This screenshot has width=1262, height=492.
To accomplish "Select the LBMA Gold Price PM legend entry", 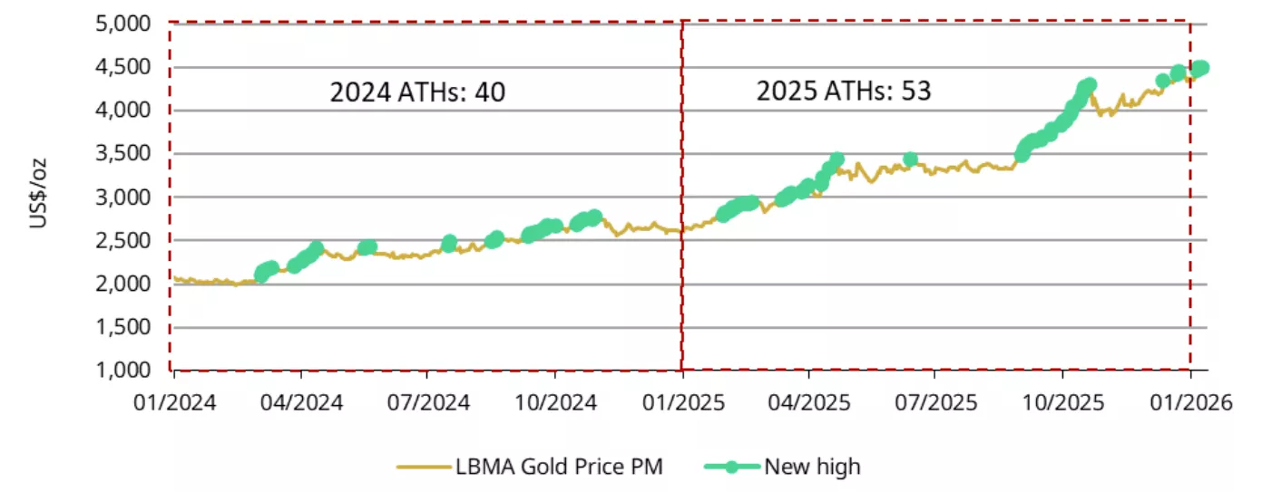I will pyautogui.click(x=559, y=467).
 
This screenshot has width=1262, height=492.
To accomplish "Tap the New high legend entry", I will pyautogui.click(x=812, y=467).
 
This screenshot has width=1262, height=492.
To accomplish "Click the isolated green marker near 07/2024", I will pyautogui.click(x=449, y=243).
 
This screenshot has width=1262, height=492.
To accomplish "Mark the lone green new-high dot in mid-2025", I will pyautogui.click(x=910, y=159).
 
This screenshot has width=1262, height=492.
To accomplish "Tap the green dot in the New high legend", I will pyautogui.click(x=731, y=467).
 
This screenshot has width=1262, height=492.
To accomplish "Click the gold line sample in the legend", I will pyautogui.click(x=423, y=467).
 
